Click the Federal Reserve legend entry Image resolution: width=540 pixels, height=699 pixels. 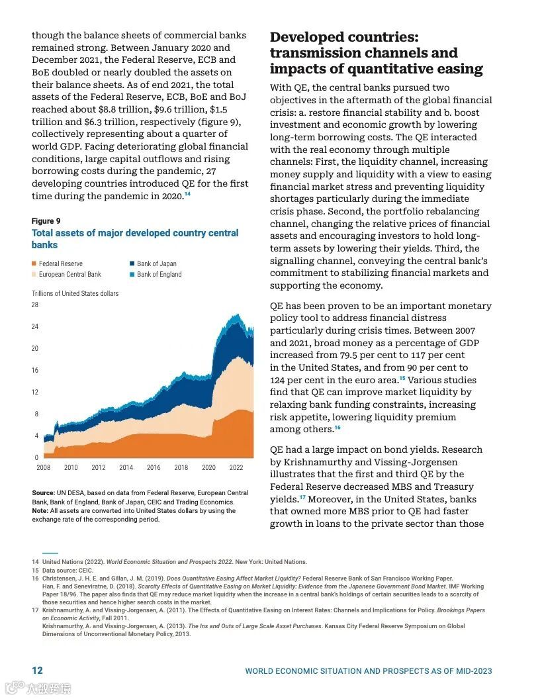click(60, 263)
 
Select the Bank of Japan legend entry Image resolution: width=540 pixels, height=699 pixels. click(156, 263)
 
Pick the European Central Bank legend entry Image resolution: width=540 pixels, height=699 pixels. click(69, 274)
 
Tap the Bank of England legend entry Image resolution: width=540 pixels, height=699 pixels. click(159, 274)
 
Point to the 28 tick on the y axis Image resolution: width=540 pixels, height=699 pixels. click(35, 305)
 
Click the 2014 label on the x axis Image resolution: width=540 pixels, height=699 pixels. click(126, 467)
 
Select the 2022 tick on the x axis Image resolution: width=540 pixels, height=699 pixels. click(236, 467)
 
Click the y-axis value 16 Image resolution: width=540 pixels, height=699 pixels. click(35, 371)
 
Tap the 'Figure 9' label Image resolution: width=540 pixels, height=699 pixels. click(46, 221)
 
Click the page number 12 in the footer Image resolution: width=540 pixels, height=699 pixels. click(38, 671)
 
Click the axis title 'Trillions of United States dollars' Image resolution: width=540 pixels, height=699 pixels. click(75, 293)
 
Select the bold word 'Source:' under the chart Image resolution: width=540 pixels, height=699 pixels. click(44, 493)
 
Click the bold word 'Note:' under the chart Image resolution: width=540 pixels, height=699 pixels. click(40, 510)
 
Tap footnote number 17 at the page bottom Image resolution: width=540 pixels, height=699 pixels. click(36, 610)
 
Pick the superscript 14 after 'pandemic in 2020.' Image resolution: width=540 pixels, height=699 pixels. click(187, 194)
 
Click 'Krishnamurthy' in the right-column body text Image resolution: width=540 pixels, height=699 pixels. click(318, 462)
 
